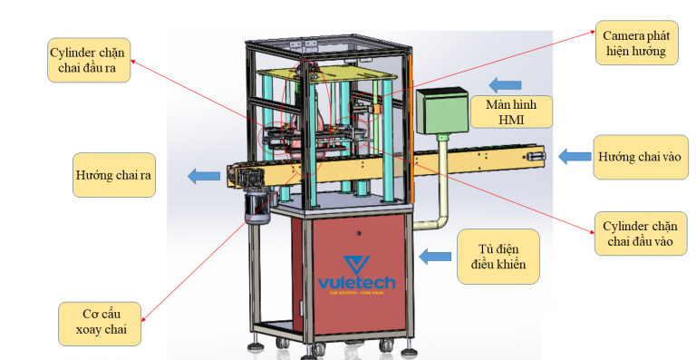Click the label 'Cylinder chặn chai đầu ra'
coord(88,61)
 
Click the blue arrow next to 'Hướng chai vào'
coord(574,157)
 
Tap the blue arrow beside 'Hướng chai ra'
coord(202,176)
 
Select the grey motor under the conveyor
coord(257,208)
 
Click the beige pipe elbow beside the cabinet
coord(438,219)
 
